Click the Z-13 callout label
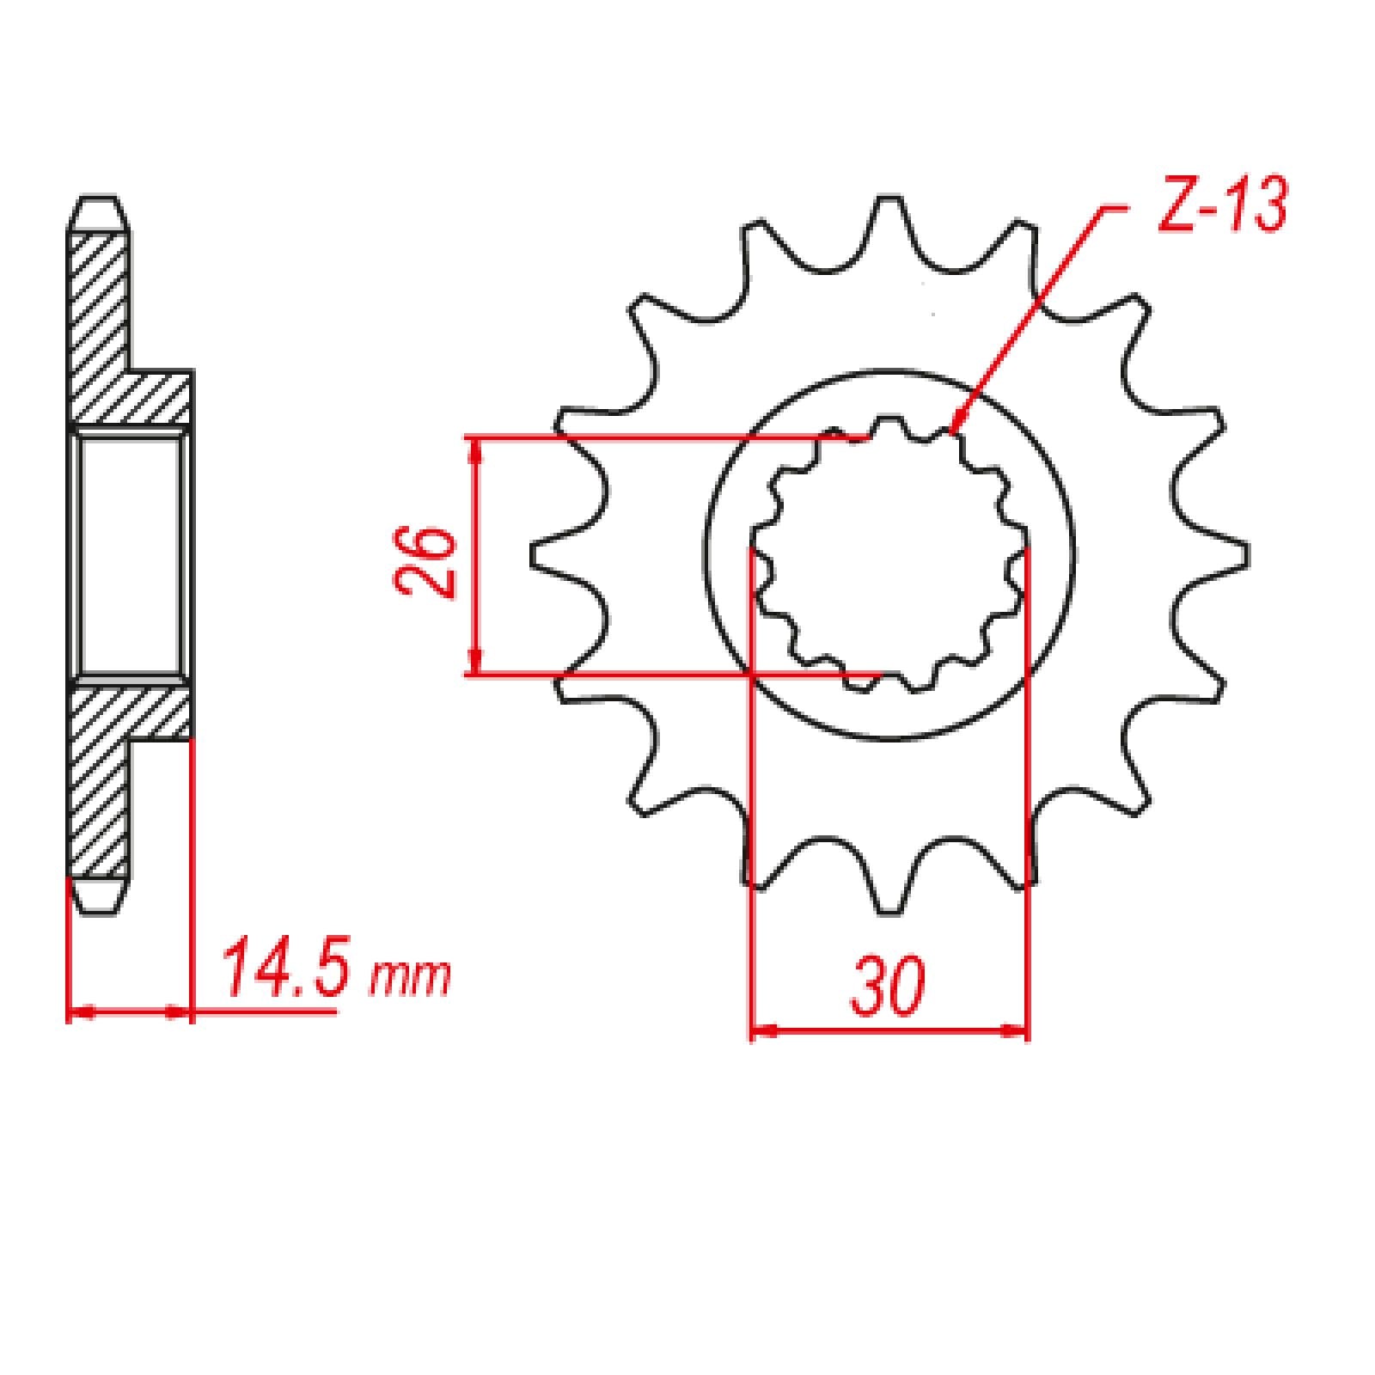[x=1220, y=207]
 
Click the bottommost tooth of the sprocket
[x=889, y=885]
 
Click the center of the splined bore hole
[x=889, y=555]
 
